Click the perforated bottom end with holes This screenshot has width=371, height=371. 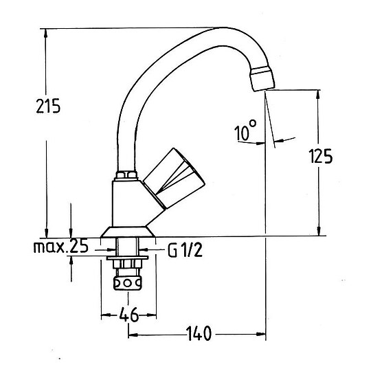[130, 282]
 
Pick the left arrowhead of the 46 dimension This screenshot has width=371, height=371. [104, 315]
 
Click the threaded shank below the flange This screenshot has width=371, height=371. [130, 248]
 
